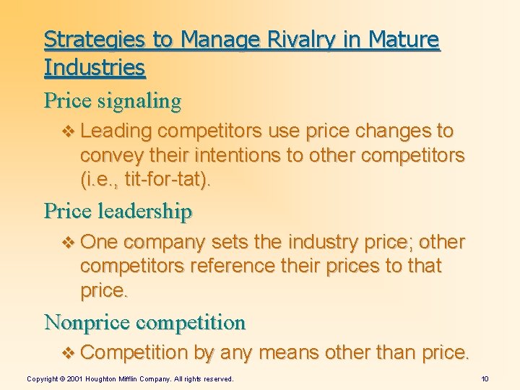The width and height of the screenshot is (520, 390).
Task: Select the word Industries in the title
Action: pos(95,68)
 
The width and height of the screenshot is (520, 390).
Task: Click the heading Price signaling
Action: pos(113,100)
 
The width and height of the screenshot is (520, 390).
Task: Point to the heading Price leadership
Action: pos(118,211)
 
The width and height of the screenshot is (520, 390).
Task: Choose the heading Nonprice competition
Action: pos(144,321)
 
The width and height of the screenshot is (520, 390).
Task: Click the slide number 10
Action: pos(485,378)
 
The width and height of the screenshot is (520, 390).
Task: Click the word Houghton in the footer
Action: pos(104,378)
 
